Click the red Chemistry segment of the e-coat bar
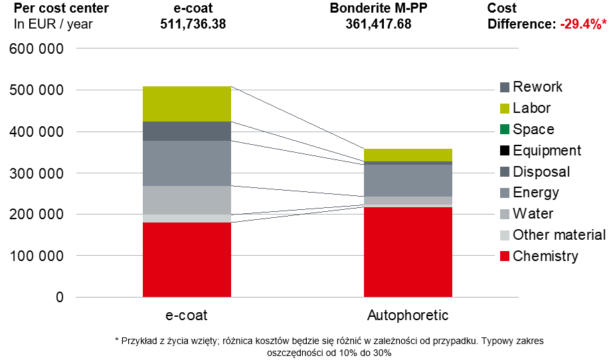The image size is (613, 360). click(187, 259)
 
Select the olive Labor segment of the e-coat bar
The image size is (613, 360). click(187, 104)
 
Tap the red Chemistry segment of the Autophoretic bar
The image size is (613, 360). click(408, 252)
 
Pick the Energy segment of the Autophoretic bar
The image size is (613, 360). click(408, 180)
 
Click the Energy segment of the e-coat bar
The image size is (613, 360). click(187, 163)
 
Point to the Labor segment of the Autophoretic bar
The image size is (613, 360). click(408, 155)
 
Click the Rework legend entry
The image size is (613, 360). click(537, 87)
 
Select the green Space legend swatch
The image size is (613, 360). click(505, 130)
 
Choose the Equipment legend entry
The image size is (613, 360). click(547, 151)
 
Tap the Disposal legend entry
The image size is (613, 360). click(541, 172)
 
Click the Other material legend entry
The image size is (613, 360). click(559, 235)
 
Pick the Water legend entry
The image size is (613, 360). click(533, 214)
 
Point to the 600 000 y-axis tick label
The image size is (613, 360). click(38, 49)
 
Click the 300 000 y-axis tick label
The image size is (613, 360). click(38, 173)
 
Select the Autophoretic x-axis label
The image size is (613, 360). click(408, 314)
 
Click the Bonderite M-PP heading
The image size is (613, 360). click(379, 9)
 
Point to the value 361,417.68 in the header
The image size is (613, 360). click(379, 24)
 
